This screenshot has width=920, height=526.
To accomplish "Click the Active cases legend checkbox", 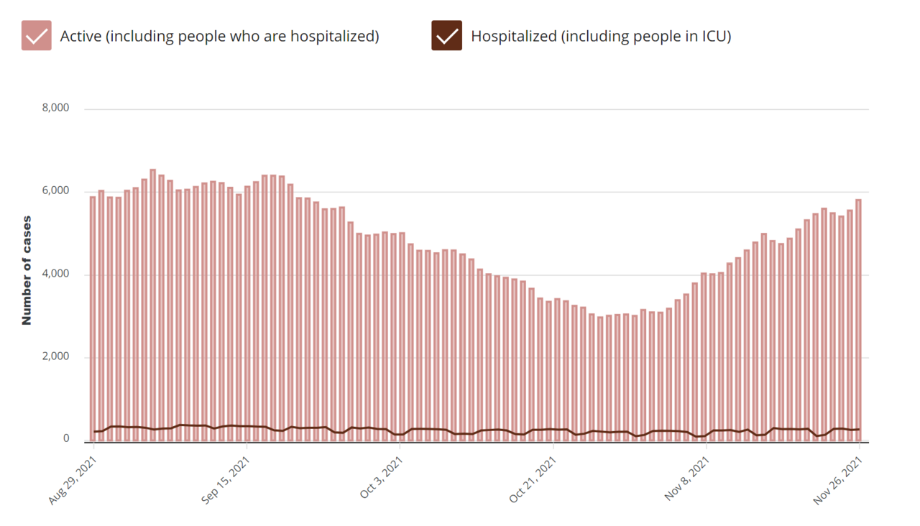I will (36, 36).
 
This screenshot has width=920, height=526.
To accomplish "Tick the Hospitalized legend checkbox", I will (446, 36).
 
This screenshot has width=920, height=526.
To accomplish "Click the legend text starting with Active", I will (219, 36).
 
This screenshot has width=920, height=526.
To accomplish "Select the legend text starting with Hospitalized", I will (601, 36).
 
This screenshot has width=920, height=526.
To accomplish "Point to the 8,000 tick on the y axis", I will (55, 109).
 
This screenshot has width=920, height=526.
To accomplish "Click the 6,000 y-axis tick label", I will (55, 191).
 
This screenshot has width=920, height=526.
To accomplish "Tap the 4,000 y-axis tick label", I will (55, 274).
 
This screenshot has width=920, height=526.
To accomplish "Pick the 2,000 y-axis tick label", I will (55, 357).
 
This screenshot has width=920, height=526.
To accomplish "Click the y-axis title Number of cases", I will (27, 270).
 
